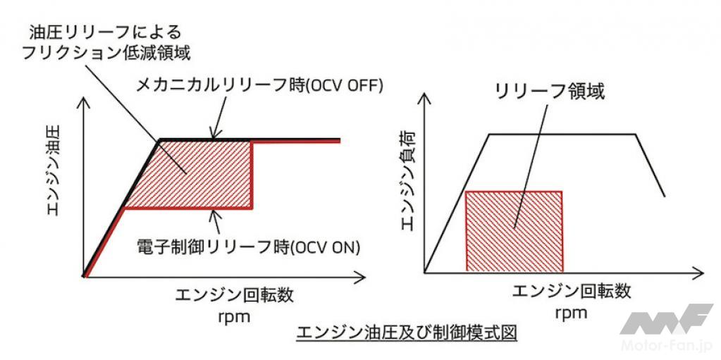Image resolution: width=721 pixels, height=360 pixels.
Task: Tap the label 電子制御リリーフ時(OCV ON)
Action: click(x=248, y=247)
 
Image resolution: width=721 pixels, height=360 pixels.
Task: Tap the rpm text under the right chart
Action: click(x=571, y=314)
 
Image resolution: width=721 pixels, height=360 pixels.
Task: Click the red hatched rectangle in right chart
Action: click(x=514, y=231)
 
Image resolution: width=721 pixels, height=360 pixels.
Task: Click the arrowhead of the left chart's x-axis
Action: click(x=361, y=277)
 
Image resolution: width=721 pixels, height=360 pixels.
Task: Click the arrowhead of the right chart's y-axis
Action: click(x=424, y=99)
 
